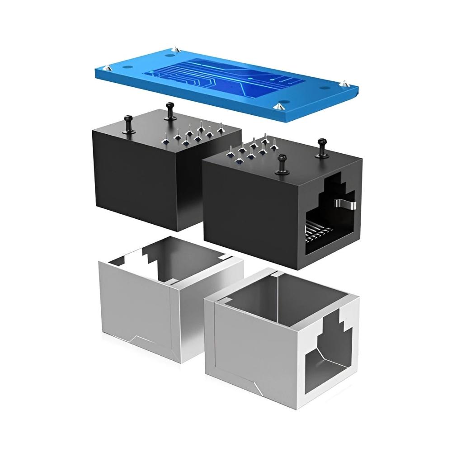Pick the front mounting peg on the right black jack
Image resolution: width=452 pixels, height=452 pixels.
pos(281,163)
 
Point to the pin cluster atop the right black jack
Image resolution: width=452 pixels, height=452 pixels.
pos(253,147)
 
